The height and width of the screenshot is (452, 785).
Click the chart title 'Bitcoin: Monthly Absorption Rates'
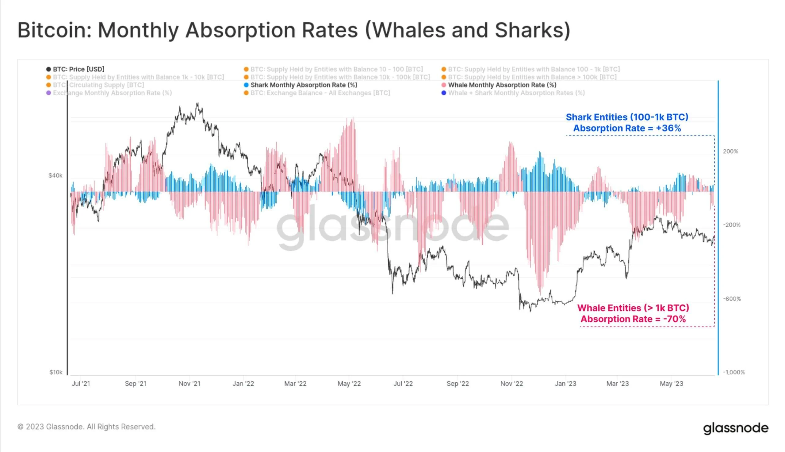pyautogui.click(x=294, y=30)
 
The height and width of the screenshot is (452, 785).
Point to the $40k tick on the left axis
pyautogui.click(x=55, y=176)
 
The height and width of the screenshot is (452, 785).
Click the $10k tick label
pyautogui.click(x=56, y=372)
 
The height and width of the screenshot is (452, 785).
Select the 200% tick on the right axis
pyautogui.click(x=730, y=151)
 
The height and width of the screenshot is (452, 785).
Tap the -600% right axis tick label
pyautogui.click(x=732, y=299)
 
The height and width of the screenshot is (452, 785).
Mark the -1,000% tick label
pyautogui.click(x=733, y=372)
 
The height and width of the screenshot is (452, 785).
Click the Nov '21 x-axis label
pyautogui.click(x=189, y=384)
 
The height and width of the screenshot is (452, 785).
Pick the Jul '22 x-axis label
pyautogui.click(x=403, y=384)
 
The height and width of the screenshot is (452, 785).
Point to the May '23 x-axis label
pyautogui.click(x=672, y=384)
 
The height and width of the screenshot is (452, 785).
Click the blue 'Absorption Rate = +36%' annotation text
pyautogui.click(x=627, y=128)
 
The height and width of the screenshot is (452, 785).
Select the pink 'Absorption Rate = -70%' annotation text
pyautogui.click(x=633, y=319)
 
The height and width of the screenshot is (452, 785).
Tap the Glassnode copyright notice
pyautogui.click(x=86, y=427)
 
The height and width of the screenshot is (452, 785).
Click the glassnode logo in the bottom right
pyautogui.click(x=735, y=428)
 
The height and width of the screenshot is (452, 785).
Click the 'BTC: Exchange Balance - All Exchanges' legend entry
pyautogui.click(x=320, y=93)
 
